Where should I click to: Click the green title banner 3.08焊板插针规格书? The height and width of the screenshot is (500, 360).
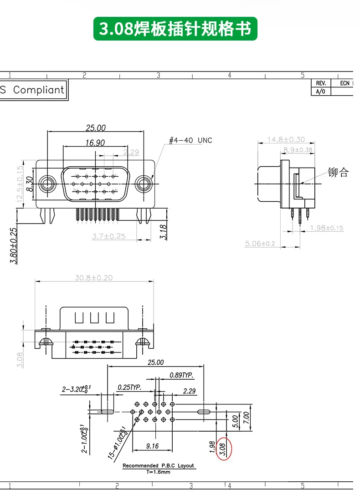pos(175,29)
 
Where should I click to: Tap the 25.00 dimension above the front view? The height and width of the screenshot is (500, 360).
pos(95,128)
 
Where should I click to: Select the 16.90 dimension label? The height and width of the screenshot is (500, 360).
pos(94,143)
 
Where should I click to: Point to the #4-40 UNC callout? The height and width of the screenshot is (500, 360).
pos(190,141)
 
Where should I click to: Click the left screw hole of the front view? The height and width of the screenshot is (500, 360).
pos(47,184)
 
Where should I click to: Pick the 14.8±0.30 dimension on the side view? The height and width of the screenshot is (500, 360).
pos(286,139)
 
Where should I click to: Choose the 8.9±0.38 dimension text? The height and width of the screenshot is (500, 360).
pos(298,149)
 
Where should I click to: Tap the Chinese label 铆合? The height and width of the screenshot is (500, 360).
pos(338,173)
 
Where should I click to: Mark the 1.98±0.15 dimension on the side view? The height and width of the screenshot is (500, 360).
pos(326,228)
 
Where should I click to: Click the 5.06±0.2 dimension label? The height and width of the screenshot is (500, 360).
pos(260,244)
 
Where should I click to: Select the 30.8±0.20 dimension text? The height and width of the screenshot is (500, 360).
pos(93,277)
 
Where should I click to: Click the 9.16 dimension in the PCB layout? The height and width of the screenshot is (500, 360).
pos(153,446)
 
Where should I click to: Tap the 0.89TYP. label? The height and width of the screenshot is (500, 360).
pos(181,375)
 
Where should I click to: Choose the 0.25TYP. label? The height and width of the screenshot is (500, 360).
pos(129,387)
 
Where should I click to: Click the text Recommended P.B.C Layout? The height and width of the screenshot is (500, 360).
pos(158,465)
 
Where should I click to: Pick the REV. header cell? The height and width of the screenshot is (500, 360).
pos(321,83)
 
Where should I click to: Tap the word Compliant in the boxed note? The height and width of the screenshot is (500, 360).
pos(39,90)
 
